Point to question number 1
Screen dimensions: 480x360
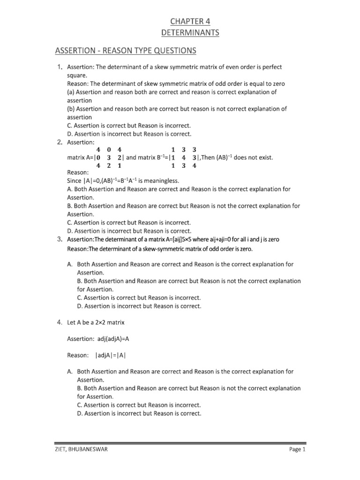(x=60, y=67)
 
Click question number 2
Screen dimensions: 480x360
(x=60, y=142)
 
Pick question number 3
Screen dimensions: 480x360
(x=60, y=240)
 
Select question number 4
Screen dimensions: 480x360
(x=60, y=322)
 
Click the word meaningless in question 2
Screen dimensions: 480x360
(x=154, y=181)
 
